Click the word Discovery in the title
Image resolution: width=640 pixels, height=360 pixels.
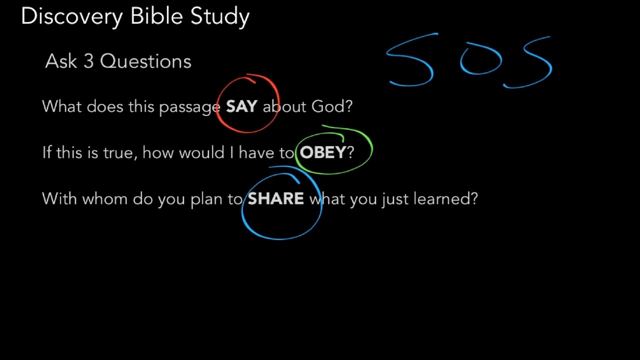(x=72, y=16)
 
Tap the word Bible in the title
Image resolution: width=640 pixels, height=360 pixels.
(x=156, y=15)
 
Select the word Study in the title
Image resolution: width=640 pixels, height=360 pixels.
(x=220, y=17)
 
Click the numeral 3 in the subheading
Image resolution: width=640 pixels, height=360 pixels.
(x=89, y=61)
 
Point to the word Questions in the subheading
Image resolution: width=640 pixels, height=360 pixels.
(x=145, y=61)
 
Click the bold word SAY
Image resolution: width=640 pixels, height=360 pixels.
(x=241, y=106)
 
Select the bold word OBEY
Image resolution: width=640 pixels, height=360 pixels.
(x=323, y=152)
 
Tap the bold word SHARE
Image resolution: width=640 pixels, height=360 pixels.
(x=275, y=198)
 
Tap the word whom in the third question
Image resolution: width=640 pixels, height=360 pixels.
(x=105, y=198)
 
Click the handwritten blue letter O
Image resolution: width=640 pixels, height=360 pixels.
(x=481, y=58)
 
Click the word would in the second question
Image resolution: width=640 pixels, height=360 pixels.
(x=201, y=152)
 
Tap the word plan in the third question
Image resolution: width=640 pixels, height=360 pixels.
(x=206, y=199)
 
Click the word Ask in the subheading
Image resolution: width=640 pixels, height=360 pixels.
(x=61, y=61)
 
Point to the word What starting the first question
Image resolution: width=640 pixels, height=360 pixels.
(x=61, y=106)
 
